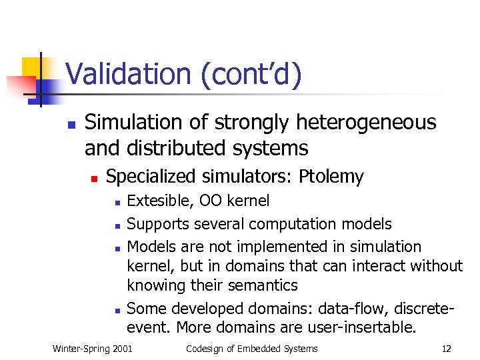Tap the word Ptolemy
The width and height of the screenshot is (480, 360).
[x=331, y=177]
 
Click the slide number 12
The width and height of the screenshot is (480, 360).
[x=447, y=349]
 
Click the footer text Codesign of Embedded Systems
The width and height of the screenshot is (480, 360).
[x=252, y=349]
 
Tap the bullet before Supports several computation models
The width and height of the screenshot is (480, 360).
[x=116, y=225]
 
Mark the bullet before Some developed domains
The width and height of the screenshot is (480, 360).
[x=116, y=309]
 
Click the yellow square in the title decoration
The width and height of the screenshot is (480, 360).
[x=33, y=68]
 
